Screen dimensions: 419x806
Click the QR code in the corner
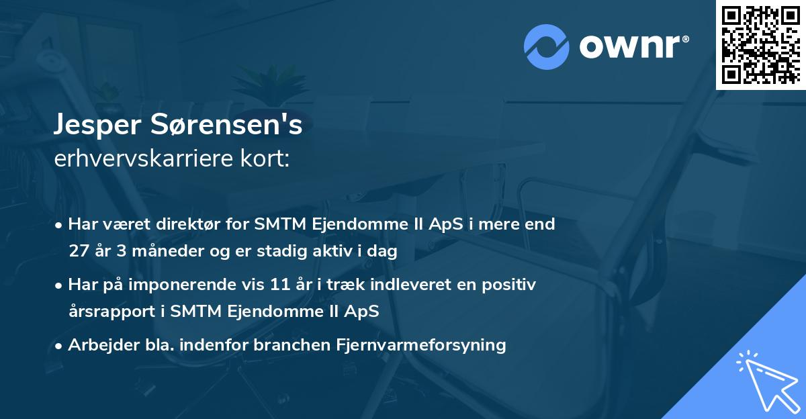760,44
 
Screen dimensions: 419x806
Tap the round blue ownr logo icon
547,47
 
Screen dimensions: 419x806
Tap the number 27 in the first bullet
78,251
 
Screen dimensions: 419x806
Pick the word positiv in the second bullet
512,285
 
